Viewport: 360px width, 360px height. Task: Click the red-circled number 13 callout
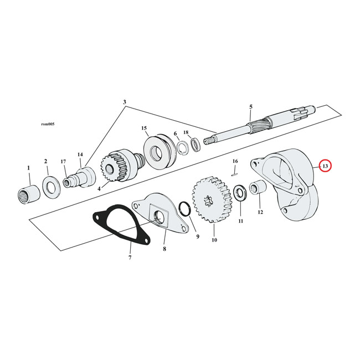click(325, 166)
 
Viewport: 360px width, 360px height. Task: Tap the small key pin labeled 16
click(234, 172)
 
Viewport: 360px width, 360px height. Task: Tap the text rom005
click(48, 124)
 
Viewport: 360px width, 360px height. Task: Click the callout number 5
click(250, 106)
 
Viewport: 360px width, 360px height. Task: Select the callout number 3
click(125, 102)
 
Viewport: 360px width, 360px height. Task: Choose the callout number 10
click(214, 240)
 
